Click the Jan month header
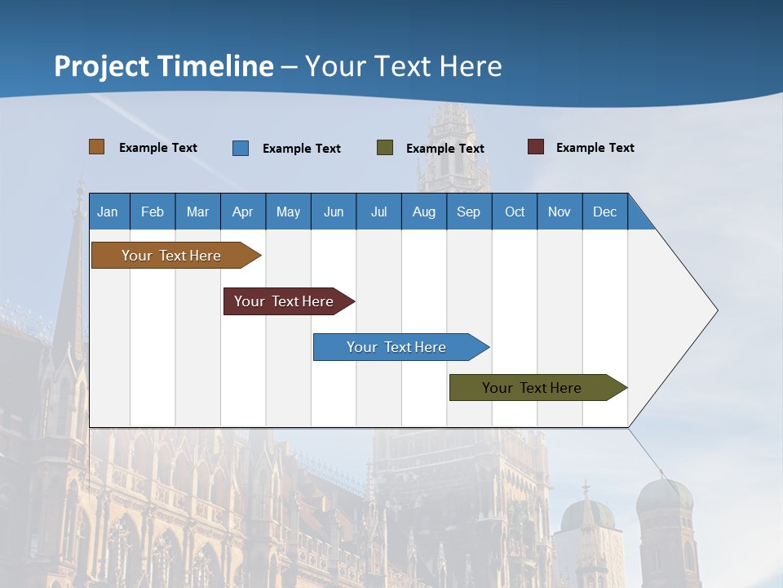(108, 212)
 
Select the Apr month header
(243, 212)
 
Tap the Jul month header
(378, 212)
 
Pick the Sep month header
(468, 212)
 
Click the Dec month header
(604, 212)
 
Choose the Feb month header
(153, 212)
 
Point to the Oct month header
(515, 212)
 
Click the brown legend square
(96, 147)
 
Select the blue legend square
(241, 148)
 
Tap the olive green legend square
(385, 148)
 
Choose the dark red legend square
(536, 147)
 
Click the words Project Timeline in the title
(163, 65)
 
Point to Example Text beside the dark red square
(595, 148)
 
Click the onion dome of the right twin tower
(665, 497)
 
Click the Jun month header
(334, 212)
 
